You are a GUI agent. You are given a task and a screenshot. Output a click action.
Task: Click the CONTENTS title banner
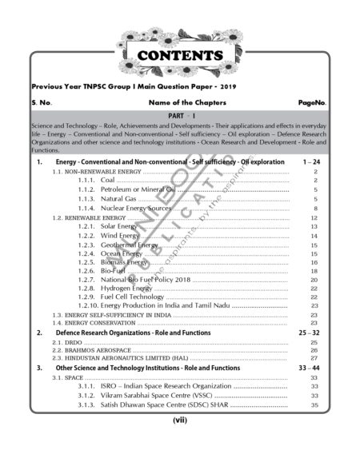point(179,55)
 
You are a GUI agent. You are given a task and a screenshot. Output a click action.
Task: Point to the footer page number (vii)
point(179,418)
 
